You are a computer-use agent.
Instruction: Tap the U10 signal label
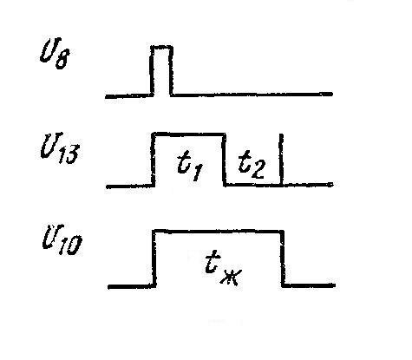click(x=62, y=240)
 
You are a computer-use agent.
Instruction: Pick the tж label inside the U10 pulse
click(x=224, y=270)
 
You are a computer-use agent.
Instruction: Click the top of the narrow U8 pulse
click(x=161, y=47)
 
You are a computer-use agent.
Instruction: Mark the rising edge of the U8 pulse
click(x=152, y=70)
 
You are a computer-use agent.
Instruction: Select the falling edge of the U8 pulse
click(x=171, y=70)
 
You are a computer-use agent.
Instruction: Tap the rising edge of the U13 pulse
click(x=154, y=160)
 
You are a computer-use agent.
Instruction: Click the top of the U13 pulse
click(x=189, y=134)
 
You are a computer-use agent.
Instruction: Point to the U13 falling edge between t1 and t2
click(x=225, y=160)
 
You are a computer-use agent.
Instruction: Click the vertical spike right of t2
click(x=281, y=159)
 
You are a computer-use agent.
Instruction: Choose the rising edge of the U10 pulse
click(x=154, y=259)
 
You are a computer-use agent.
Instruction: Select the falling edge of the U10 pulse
click(x=283, y=259)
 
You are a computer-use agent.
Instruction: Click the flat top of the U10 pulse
click(x=219, y=232)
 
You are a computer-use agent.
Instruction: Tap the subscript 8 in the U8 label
click(x=62, y=60)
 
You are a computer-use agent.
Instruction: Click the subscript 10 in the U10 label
click(x=70, y=245)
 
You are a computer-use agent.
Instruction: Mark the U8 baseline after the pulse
click(x=252, y=95)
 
